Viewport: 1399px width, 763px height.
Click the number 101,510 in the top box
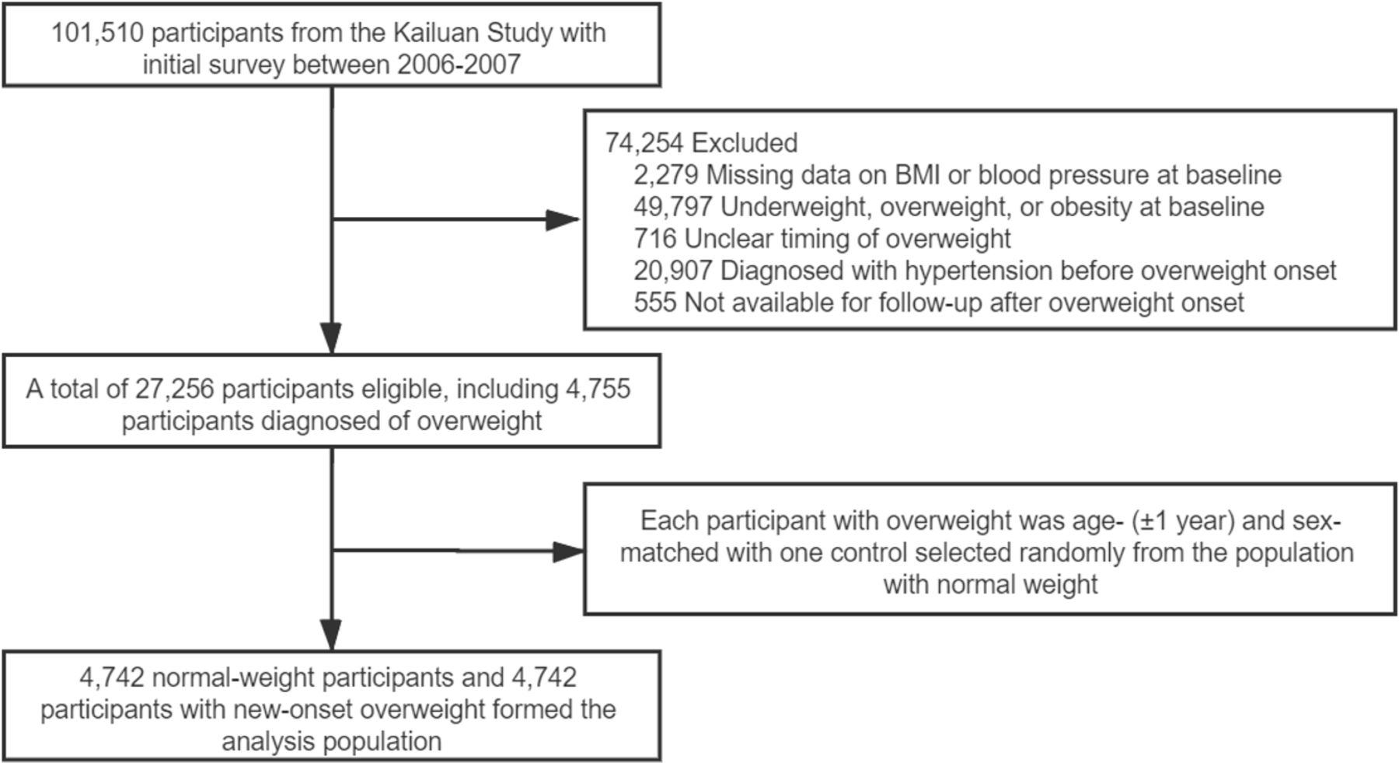[x=97, y=33]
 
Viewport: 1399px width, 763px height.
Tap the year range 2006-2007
[x=459, y=65]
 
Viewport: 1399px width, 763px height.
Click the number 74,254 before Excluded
[x=644, y=143]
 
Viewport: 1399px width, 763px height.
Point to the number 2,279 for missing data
[x=666, y=175]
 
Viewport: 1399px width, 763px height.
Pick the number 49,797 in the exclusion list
[x=673, y=207]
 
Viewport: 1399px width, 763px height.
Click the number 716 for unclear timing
[x=655, y=239]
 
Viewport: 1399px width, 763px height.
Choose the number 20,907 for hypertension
[x=673, y=271]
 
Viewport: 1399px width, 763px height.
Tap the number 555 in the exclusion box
[x=655, y=303]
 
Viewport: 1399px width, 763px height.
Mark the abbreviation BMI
[x=917, y=175]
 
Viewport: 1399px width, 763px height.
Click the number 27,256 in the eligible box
[x=174, y=389]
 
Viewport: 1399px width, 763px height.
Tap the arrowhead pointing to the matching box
[x=567, y=552]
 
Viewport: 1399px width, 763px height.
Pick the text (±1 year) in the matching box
[x=1183, y=521]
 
